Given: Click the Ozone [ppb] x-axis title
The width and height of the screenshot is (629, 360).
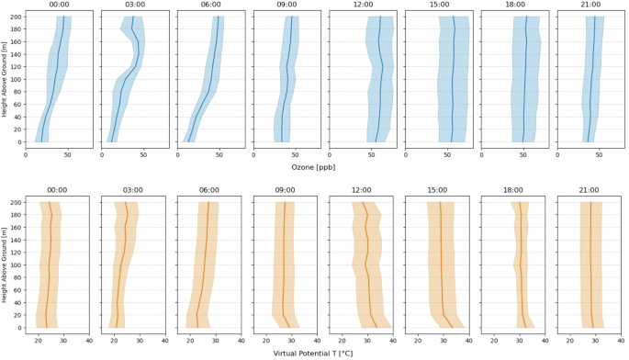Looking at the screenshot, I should [x=313, y=167].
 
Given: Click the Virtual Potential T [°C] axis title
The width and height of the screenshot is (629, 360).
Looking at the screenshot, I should [x=313, y=353].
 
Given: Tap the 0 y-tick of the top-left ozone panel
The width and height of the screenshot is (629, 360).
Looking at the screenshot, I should [x=19, y=142].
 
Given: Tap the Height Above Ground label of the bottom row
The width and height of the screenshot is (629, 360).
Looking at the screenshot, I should [x=5, y=265].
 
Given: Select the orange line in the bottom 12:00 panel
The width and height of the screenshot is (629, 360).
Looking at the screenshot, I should [x=367, y=266].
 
